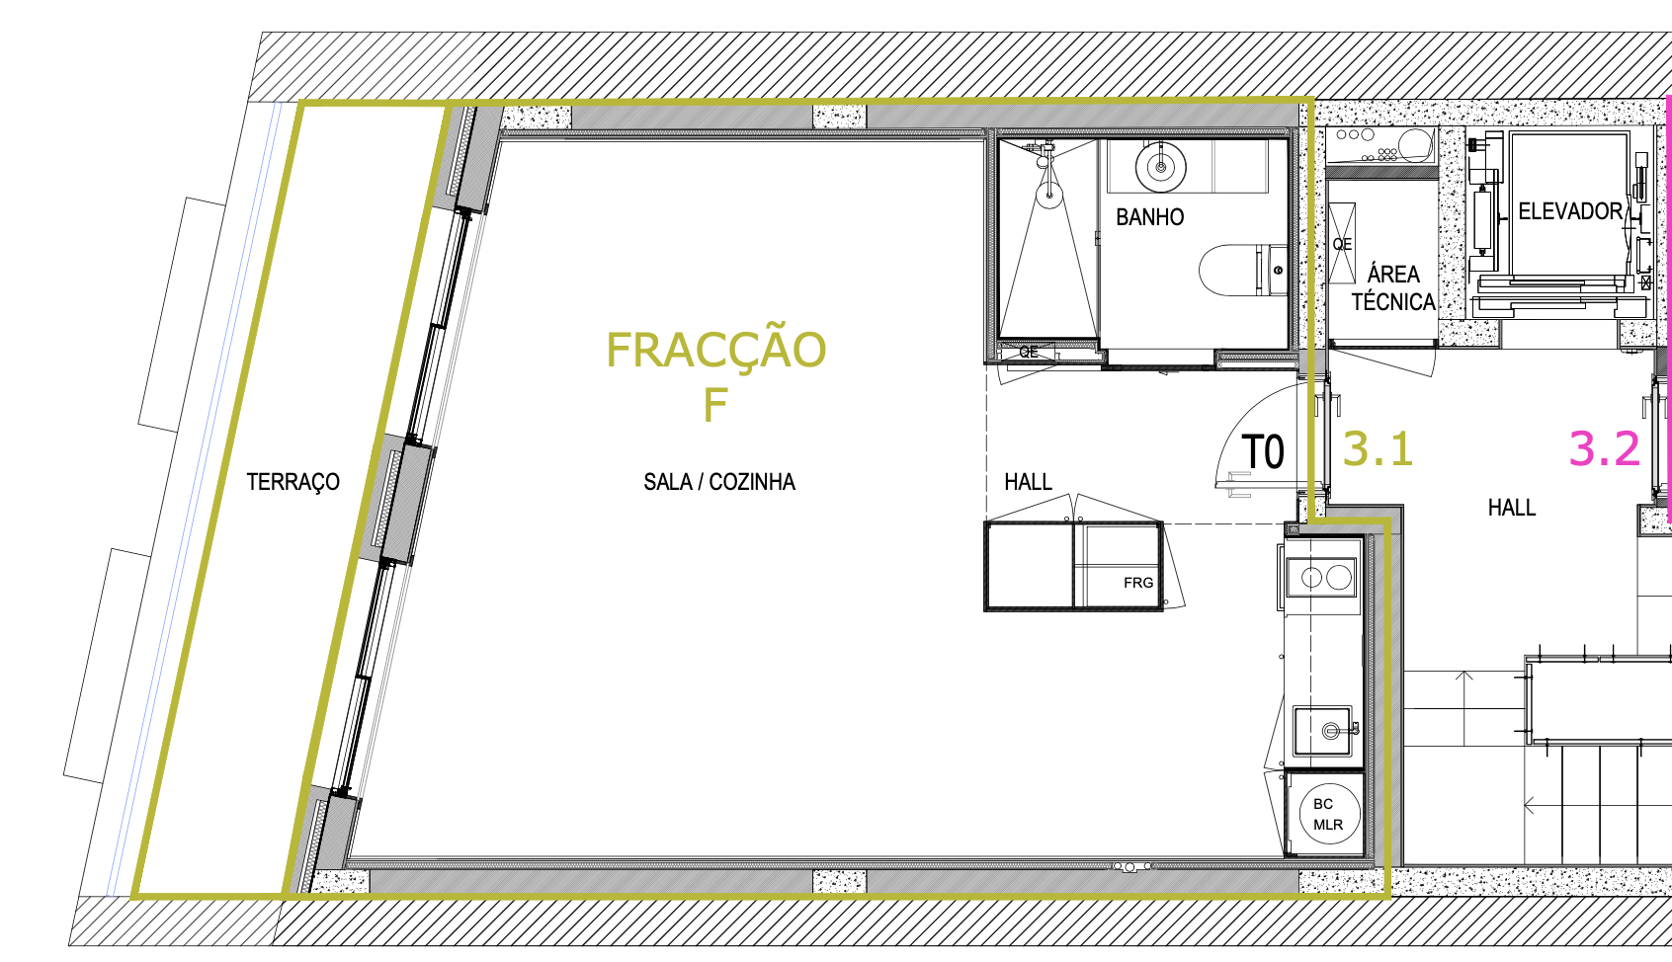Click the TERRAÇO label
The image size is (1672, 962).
tap(293, 482)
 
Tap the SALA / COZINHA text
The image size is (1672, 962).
tap(719, 482)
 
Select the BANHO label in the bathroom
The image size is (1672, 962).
tap(1149, 217)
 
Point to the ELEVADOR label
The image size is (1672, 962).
tap(1570, 211)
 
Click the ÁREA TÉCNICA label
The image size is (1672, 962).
tap(1392, 288)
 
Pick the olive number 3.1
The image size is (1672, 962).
tap(1378, 448)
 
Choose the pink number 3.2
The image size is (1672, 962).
tap(1604, 448)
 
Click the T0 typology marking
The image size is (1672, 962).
tap(1263, 452)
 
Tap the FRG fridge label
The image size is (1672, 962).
tap(1138, 583)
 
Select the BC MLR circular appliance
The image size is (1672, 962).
tap(1329, 814)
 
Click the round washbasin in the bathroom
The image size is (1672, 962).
tap(1161, 167)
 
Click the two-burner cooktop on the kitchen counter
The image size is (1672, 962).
tap(1324, 578)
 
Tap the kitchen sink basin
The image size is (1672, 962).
tap(1323, 731)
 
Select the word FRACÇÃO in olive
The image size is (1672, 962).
tap(715, 350)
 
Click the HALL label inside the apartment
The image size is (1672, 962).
tap(1028, 482)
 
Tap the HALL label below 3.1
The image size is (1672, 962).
tap(1512, 509)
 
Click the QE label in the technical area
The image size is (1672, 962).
tap(1342, 244)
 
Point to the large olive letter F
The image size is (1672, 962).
tap(715, 405)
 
